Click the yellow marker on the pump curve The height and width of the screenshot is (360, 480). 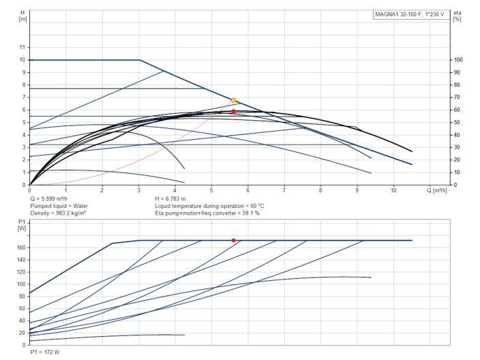[x=233, y=100]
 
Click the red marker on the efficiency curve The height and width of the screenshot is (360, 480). [x=233, y=111]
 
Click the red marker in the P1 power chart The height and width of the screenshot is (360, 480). [x=233, y=240]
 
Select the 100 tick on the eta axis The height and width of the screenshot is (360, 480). [x=459, y=60]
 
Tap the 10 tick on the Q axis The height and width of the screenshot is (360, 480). [x=393, y=191]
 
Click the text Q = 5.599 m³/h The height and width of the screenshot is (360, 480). [x=52, y=198]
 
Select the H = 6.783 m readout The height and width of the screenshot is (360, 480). [x=175, y=198]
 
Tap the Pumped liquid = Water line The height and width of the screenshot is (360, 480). [x=59, y=205]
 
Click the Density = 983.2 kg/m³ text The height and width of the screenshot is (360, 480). [x=62, y=213]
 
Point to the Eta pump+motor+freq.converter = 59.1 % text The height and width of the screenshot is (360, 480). [x=207, y=213]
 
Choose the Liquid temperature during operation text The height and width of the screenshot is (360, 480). [x=209, y=205]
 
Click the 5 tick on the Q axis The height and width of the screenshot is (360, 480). [x=211, y=191]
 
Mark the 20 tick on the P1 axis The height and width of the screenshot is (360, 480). [x=22, y=333]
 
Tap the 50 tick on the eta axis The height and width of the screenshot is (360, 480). [x=457, y=123]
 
